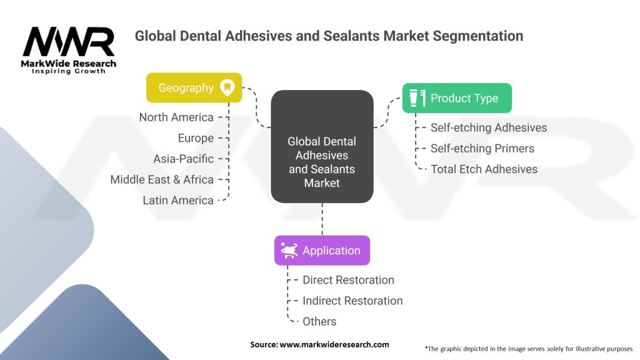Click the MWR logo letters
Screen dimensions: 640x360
pos(69,42)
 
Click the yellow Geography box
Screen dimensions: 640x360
pos(194,87)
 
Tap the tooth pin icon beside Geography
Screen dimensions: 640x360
pos(227,87)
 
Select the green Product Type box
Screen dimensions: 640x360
pos(457,98)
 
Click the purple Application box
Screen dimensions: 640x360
pos(322,250)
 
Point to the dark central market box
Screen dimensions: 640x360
pos(322,146)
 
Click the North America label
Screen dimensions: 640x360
pos(176,117)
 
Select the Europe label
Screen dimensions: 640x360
pos(196,138)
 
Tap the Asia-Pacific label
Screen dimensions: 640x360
pos(183,159)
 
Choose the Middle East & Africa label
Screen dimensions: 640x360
pos(162,179)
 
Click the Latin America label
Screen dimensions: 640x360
pos(178,201)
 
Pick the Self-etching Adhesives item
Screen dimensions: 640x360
pos(489,127)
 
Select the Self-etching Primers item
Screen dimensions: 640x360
pos(482,149)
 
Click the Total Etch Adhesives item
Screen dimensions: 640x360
pos(484,169)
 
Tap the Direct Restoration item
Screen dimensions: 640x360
pos(348,280)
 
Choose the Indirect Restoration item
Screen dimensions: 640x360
pos(352,301)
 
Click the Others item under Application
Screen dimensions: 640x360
pos(319,322)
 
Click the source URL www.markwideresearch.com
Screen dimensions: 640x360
pos(334,344)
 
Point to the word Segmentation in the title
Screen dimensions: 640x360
pos(478,36)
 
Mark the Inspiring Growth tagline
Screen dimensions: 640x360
pos(69,71)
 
